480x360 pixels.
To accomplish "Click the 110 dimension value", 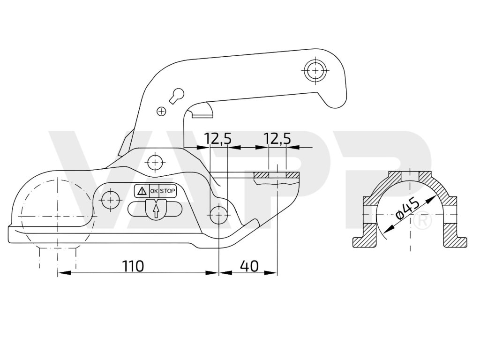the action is pos(133,266).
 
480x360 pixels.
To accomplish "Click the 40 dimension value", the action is pos(249,266).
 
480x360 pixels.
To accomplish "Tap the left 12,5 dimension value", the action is pos(217,138).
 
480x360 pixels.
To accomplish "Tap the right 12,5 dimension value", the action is pos(277,138).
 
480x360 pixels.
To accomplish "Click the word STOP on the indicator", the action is pos(168,191).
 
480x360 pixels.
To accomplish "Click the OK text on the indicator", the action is pos(154,191).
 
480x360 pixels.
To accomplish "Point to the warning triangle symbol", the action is pos(141,191).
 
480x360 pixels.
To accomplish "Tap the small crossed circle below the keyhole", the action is pos(161,111).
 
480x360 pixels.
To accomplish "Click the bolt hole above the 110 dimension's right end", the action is pos(219,215).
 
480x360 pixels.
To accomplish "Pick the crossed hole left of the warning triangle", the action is pos(111,199).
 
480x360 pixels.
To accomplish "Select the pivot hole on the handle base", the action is pos(155,163).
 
